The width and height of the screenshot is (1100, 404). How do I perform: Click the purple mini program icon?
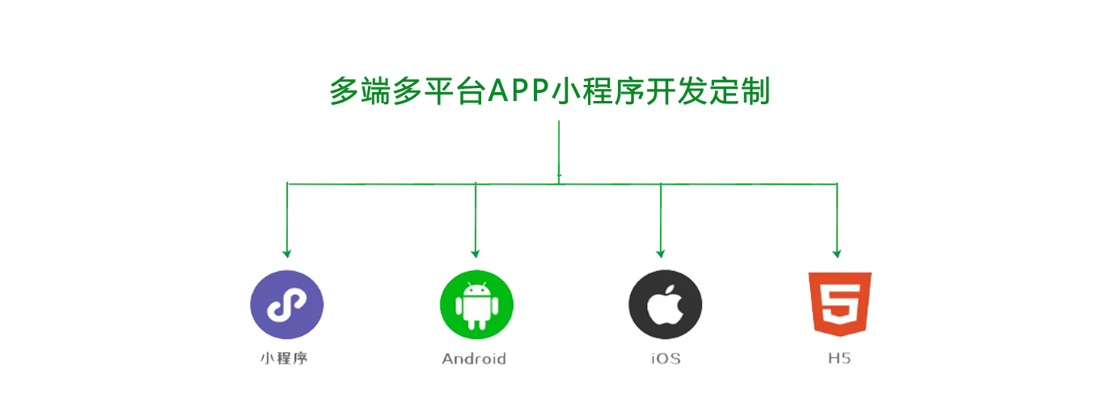(287, 305)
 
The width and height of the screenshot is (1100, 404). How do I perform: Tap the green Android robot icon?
(476, 305)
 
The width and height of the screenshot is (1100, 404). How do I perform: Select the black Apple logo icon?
(666, 305)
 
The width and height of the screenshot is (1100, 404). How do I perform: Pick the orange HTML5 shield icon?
(840, 304)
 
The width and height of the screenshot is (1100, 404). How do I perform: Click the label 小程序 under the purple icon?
(284, 359)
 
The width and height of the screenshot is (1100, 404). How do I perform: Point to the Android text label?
(474, 359)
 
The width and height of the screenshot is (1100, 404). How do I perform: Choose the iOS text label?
(666, 359)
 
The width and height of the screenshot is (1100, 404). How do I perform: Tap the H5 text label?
(840, 359)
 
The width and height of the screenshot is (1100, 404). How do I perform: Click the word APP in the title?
(518, 90)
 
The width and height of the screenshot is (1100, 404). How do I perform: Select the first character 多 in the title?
(344, 90)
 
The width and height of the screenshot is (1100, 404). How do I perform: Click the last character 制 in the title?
(755, 90)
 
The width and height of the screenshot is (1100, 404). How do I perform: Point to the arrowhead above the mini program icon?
(287, 254)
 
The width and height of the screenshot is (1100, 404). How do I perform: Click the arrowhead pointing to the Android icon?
(476, 254)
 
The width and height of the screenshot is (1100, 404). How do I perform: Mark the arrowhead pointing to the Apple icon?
(661, 254)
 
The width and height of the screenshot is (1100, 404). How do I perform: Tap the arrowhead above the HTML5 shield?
(837, 254)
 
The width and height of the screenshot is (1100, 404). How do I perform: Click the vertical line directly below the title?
(559, 152)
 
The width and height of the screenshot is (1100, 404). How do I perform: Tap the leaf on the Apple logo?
(671, 290)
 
